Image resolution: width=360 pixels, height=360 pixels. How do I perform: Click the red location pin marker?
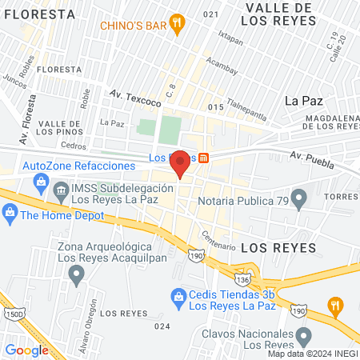(181, 164)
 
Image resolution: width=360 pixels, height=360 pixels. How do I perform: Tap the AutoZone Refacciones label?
(79, 165)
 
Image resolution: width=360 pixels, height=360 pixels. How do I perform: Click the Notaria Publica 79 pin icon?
(299, 197)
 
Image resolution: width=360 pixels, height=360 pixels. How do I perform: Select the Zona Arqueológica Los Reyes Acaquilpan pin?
(77, 276)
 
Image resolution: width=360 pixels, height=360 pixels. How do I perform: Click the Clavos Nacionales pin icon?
(302, 336)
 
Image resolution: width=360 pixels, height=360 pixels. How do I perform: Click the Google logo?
(26, 350)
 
